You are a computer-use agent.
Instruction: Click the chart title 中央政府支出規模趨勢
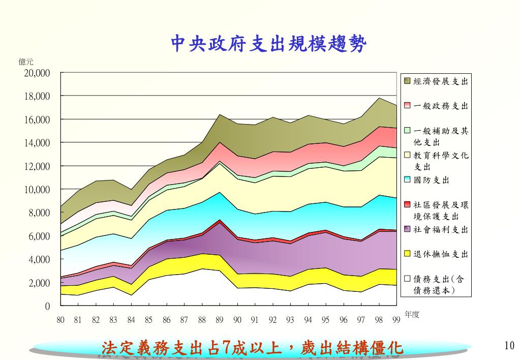tap(268, 44)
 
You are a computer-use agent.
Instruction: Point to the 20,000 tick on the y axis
tap(37, 73)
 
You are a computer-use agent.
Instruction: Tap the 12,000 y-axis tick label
tap(37, 166)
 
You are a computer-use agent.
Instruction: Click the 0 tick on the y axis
tap(47, 306)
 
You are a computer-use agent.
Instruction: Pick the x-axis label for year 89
tap(219, 320)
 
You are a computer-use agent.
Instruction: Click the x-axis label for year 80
tap(60, 320)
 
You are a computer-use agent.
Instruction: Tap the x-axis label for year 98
tap(378, 320)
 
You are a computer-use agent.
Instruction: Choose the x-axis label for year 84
tap(131, 320)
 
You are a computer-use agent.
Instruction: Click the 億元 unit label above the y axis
tap(26, 62)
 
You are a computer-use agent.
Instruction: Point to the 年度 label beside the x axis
tap(412, 315)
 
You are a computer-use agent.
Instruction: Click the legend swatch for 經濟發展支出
tap(407, 81)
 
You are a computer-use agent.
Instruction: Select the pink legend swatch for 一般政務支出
tap(407, 106)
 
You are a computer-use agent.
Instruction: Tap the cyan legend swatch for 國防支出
tap(407, 179)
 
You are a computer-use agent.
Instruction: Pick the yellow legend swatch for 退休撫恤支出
tap(407, 254)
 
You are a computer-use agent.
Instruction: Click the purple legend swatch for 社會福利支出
tap(407, 229)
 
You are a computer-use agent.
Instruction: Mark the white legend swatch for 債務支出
tap(407, 279)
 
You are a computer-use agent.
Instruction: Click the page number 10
tap(509, 346)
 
